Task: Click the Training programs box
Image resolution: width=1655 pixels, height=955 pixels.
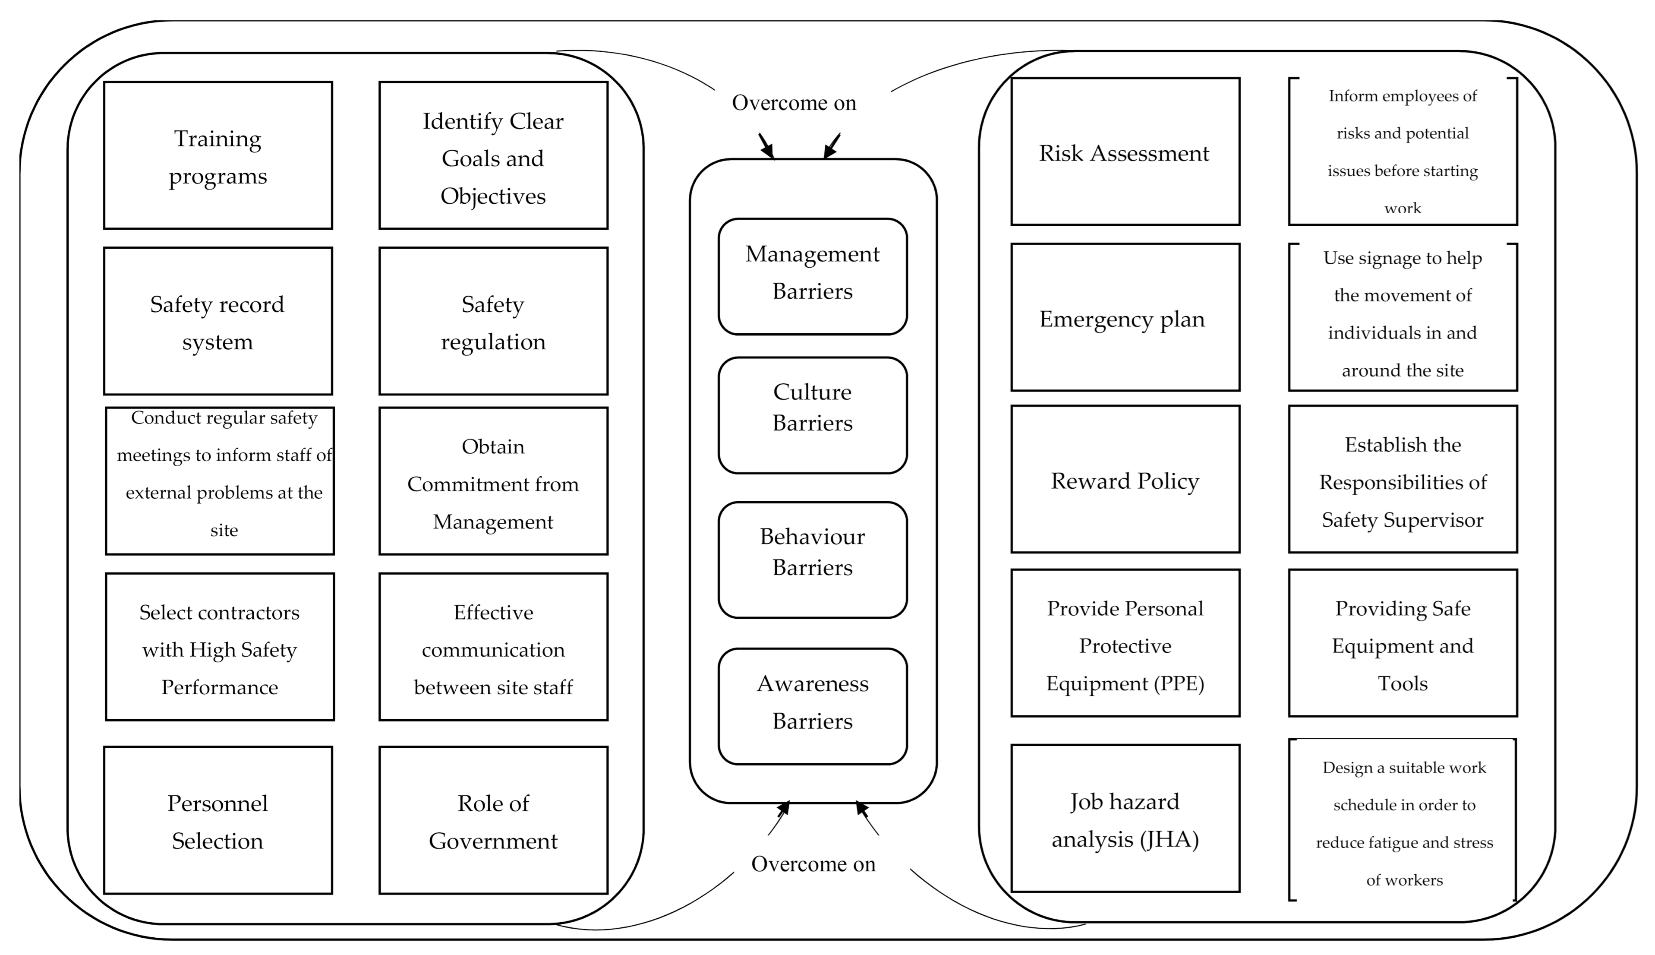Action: click(x=218, y=155)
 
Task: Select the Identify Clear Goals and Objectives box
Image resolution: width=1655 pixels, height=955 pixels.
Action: click(x=493, y=155)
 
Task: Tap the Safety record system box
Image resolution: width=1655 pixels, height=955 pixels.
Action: click(x=218, y=321)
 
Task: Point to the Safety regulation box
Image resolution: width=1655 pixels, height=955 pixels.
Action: click(x=493, y=321)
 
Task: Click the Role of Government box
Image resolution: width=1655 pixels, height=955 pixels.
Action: click(x=493, y=821)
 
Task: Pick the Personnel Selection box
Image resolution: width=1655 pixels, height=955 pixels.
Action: click(x=218, y=821)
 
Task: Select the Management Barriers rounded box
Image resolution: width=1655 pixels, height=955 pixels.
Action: click(x=812, y=277)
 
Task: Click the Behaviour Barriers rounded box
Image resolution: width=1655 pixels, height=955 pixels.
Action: click(x=812, y=560)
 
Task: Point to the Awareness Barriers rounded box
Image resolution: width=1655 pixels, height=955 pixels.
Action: click(x=812, y=706)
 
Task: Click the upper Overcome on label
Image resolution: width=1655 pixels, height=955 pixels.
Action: click(x=794, y=103)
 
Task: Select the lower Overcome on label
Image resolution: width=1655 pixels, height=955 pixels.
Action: click(x=813, y=864)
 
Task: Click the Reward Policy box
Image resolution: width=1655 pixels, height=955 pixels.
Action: click(x=1125, y=480)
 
